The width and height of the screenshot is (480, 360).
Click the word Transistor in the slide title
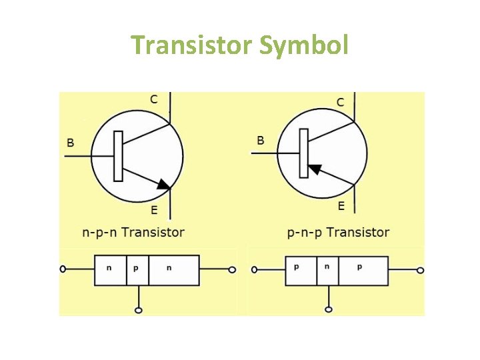click(191, 45)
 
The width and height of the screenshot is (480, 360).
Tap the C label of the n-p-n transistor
click(154, 99)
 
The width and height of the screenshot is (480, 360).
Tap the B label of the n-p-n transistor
click(71, 142)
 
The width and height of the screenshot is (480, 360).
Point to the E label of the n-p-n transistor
click(154, 211)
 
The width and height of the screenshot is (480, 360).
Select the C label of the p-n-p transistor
click(340, 103)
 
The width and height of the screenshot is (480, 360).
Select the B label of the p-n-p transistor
click(261, 140)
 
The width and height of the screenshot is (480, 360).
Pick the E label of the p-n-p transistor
click(341, 207)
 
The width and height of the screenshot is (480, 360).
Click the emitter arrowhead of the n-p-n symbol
click(163, 183)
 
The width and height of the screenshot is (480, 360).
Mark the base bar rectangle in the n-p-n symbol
click(118, 156)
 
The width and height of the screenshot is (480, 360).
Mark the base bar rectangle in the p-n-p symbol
click(304, 153)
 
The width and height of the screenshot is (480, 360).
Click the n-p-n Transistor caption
click(133, 233)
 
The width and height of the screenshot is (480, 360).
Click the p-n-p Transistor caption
click(338, 233)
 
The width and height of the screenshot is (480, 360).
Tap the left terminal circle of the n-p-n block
click(63, 269)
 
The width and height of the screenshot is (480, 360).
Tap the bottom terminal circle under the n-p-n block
click(138, 310)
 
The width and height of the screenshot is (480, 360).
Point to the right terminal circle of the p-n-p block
click(420, 270)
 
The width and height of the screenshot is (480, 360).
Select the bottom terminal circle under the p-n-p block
click(328, 309)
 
